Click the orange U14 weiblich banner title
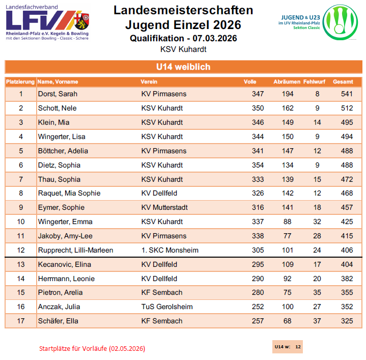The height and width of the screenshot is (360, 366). [x=183, y=67]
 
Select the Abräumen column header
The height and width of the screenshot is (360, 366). [x=286, y=81]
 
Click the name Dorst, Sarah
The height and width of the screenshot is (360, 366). [x=58, y=94]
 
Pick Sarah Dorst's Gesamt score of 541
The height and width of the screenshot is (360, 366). [x=347, y=94]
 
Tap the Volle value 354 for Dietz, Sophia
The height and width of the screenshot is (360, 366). [x=258, y=165]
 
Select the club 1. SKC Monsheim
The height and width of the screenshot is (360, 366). [x=170, y=250]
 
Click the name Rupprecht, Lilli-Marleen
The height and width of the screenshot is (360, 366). [x=75, y=250]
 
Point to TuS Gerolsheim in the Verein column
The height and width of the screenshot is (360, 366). [x=167, y=307]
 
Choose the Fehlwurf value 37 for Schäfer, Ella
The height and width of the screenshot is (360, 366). [x=317, y=321]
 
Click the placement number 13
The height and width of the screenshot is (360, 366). [x=21, y=264]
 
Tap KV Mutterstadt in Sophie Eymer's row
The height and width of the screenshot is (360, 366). [x=164, y=207]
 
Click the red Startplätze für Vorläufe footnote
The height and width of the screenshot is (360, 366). [x=92, y=349]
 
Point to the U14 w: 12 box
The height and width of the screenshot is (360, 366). [x=288, y=347]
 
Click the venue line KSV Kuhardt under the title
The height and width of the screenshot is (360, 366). [x=183, y=49]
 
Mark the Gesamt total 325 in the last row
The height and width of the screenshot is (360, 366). [x=347, y=321]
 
